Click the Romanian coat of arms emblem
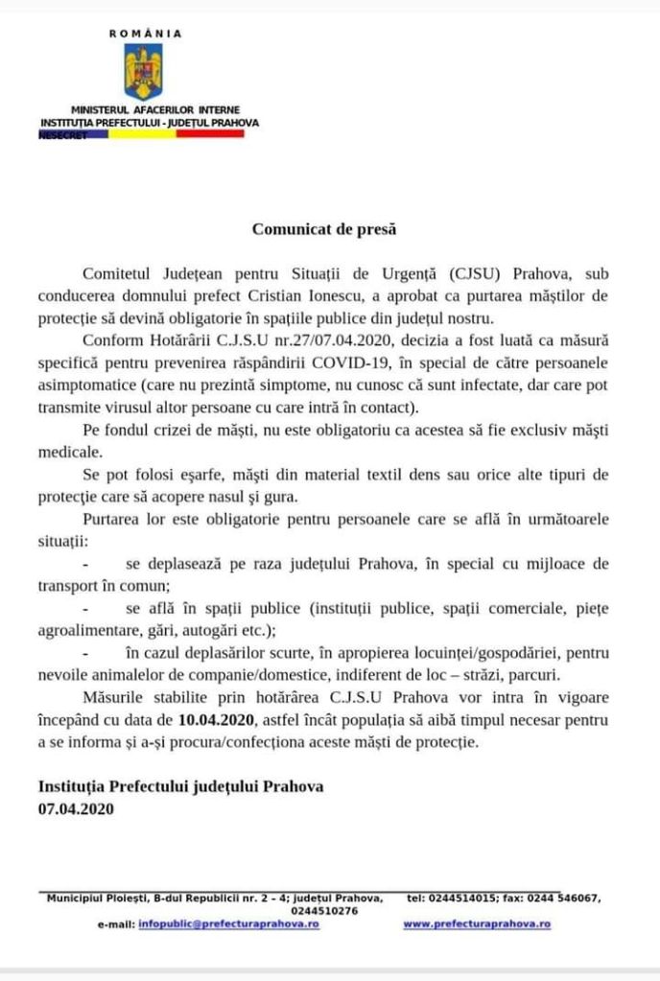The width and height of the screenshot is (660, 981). pyautogui.click(x=143, y=71)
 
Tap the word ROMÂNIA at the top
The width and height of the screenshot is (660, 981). pyautogui.click(x=145, y=33)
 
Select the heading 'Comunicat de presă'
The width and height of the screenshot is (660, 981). pyautogui.click(x=323, y=229)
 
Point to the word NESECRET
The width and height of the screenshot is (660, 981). pyautogui.click(x=62, y=135)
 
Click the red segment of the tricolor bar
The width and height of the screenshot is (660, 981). pyautogui.click(x=211, y=134)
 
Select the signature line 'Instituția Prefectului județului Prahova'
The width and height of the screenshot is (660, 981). pyautogui.click(x=180, y=786)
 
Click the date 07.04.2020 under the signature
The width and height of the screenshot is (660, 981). pyautogui.click(x=76, y=808)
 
